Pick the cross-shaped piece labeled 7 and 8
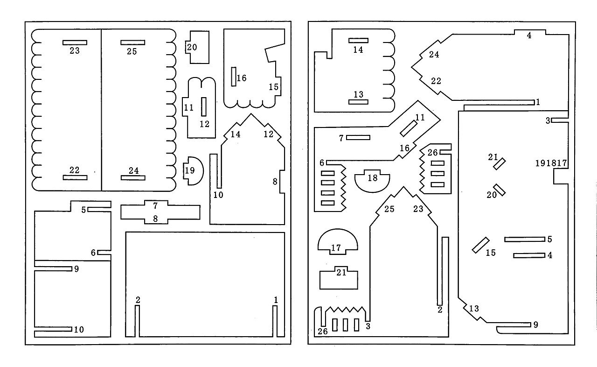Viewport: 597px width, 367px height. (x=160, y=212)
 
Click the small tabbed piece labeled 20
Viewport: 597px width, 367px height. (x=199, y=47)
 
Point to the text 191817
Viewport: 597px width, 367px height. (x=551, y=163)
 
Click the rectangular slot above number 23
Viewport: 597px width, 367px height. (x=75, y=42)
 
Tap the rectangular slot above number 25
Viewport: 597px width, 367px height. (x=133, y=42)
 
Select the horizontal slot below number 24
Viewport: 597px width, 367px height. (x=133, y=177)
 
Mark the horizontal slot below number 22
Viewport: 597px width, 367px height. (x=75, y=177)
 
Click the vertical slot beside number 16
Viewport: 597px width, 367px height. (x=234, y=77)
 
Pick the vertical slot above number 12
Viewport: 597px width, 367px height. (x=204, y=106)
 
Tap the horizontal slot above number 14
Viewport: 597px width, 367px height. (x=359, y=41)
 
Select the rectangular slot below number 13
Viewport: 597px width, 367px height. (x=359, y=102)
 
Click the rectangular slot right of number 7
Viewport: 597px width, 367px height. (x=358, y=137)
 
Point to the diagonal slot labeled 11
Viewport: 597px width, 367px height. (x=409, y=128)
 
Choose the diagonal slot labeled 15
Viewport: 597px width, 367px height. (x=481, y=245)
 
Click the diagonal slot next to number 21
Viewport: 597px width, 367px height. (x=500, y=164)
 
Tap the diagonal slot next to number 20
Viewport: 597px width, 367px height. (x=500, y=190)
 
